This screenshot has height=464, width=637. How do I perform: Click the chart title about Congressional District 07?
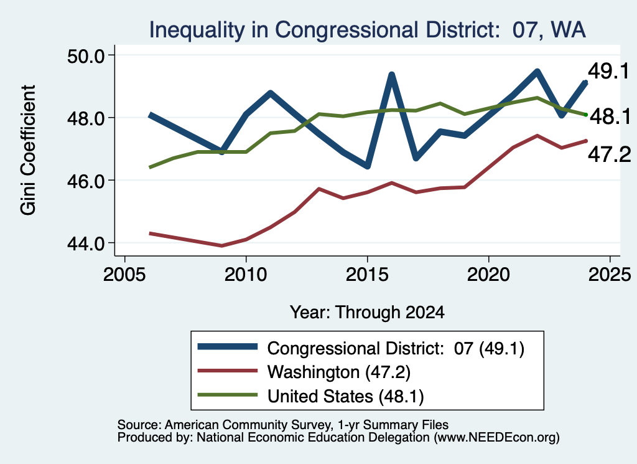tap(367, 30)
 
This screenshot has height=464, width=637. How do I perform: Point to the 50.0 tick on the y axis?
tap(85, 55)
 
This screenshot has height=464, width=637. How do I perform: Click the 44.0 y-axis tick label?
tap(85, 244)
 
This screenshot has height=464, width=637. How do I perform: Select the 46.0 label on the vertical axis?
tap(85, 181)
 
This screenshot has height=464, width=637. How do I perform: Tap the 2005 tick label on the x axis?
tap(124, 275)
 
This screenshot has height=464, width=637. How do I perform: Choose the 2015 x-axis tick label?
tap(367, 275)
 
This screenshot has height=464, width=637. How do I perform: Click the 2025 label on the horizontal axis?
tap(610, 275)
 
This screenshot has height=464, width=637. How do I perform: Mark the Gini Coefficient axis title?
tap(28, 150)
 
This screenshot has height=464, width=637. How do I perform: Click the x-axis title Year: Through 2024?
tap(367, 312)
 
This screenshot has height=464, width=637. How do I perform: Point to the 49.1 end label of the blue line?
tap(608, 71)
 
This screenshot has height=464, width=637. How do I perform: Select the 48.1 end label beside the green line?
tap(610, 116)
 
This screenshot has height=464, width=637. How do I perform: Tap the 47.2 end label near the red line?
tap(610, 154)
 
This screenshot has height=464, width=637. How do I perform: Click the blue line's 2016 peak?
tap(392, 74)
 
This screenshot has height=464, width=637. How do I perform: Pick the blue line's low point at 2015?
tap(367, 166)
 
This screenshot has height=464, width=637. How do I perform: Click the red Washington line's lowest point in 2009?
tap(222, 245)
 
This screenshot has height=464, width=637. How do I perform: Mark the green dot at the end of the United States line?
tap(586, 115)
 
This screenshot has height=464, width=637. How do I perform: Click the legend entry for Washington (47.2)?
tap(339, 372)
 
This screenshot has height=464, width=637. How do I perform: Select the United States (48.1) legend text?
tap(345, 396)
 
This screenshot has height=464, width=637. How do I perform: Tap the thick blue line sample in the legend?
tap(228, 346)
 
